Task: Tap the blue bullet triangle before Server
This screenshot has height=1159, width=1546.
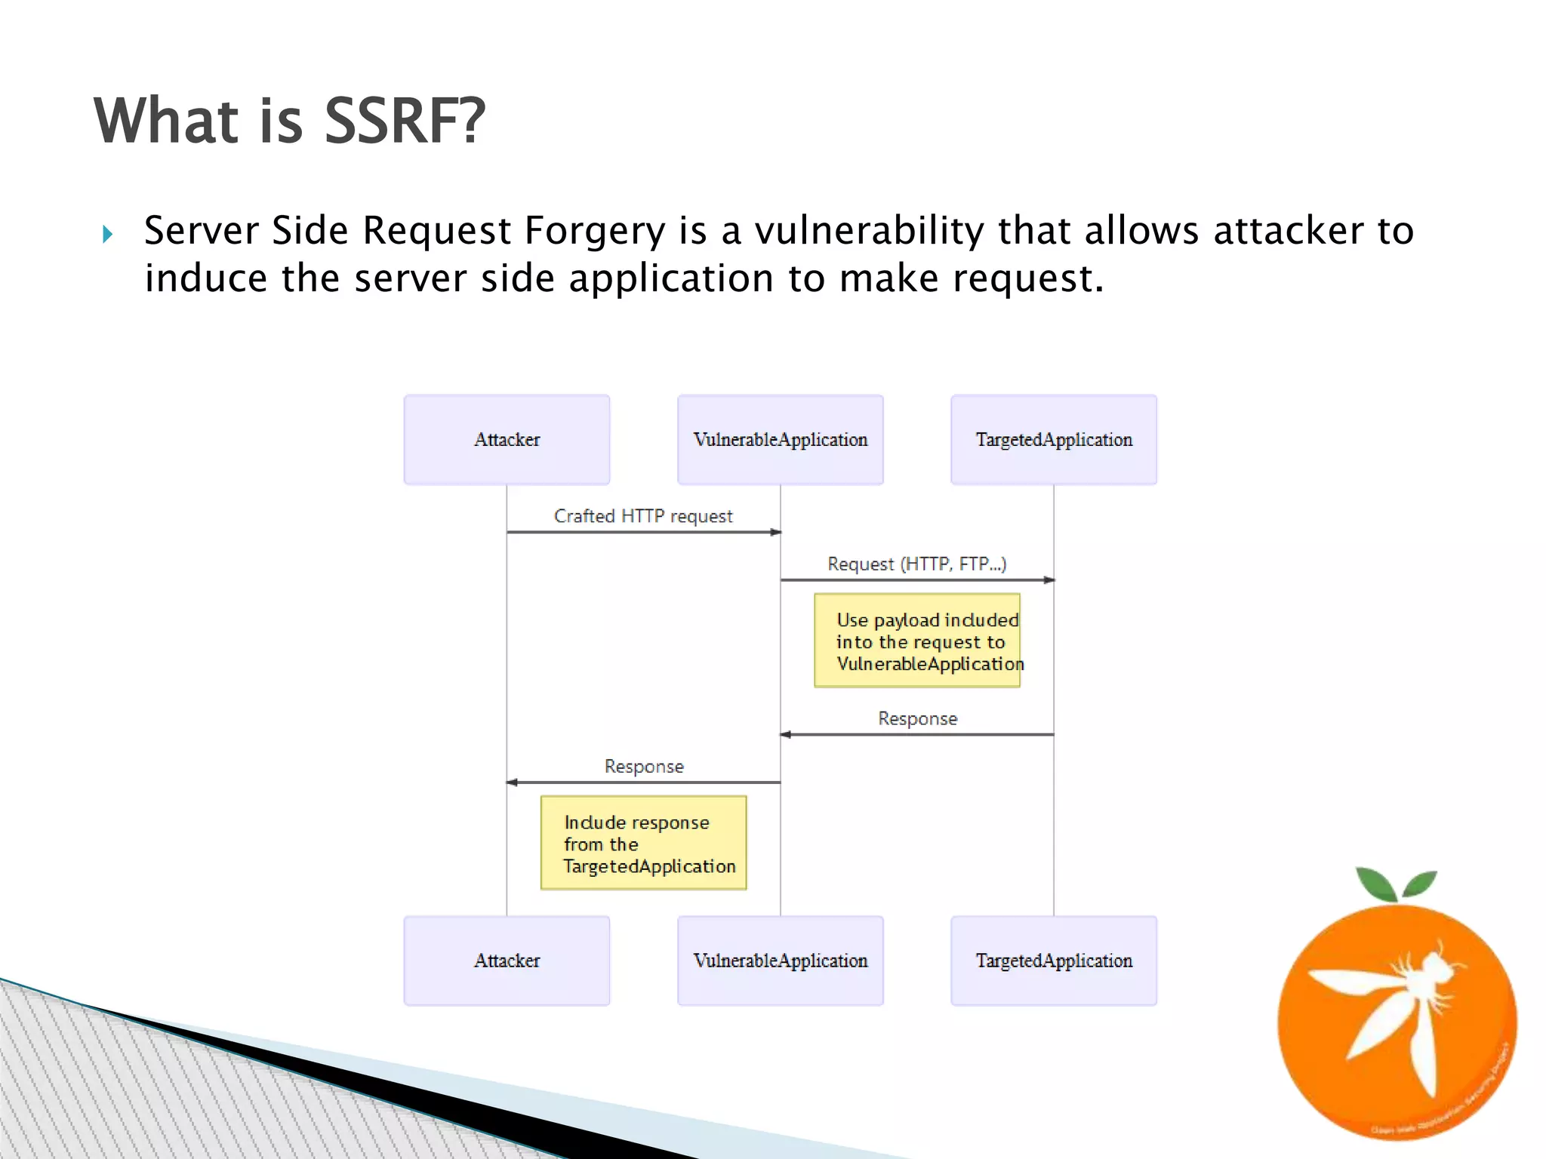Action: [107, 234]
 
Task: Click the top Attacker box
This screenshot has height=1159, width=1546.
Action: [507, 439]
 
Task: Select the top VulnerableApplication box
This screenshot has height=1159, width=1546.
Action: [780, 439]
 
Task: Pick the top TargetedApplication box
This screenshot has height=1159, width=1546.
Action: [1054, 439]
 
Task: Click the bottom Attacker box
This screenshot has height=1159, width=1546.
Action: [507, 961]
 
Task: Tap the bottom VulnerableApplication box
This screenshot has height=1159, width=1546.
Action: [780, 961]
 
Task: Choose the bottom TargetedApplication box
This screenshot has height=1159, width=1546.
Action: [1054, 961]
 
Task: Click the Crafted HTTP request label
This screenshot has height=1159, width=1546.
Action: [643, 516]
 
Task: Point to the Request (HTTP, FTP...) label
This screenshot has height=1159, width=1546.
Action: [916, 564]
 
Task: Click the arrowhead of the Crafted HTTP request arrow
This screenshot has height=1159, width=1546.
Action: [775, 532]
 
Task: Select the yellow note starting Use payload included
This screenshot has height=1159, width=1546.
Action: [916, 641]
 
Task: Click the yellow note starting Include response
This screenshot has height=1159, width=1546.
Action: [643, 843]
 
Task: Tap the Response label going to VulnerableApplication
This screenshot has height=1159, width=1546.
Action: [917, 718]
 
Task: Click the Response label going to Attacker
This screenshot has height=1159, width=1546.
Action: [644, 766]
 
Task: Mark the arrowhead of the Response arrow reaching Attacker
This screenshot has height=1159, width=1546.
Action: [511, 782]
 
